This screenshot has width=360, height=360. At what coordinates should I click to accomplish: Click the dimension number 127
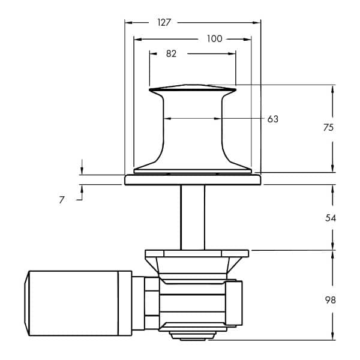pyautogui.click(x=164, y=23)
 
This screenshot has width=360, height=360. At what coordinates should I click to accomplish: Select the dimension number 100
pyautogui.click(x=214, y=38)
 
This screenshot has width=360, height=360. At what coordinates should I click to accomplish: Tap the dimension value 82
pyautogui.click(x=171, y=54)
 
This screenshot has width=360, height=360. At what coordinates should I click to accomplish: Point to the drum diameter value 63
pyautogui.click(x=273, y=119)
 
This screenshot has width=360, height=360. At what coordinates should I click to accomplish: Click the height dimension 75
pyautogui.click(x=328, y=127)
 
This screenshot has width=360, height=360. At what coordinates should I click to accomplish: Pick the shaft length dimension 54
pyautogui.click(x=331, y=218)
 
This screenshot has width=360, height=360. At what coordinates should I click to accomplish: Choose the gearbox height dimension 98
pyautogui.click(x=331, y=300)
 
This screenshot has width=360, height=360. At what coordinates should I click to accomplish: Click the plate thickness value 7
pyautogui.click(x=62, y=200)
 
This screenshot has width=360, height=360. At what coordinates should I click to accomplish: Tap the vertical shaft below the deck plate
pyautogui.click(x=193, y=217)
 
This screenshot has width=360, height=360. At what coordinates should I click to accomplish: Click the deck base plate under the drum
pyautogui.click(x=193, y=179)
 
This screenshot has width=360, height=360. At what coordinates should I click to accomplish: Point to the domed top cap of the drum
pyautogui.click(x=193, y=87)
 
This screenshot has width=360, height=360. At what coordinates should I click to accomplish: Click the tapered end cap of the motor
pyautogui.click(x=27, y=303)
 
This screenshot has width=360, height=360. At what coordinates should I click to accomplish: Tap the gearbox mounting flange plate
pyautogui.click(x=197, y=253)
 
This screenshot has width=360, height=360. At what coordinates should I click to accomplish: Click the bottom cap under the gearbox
pyautogui.click(x=193, y=335)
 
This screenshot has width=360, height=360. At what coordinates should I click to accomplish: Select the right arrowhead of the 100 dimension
pyautogui.click(x=247, y=39)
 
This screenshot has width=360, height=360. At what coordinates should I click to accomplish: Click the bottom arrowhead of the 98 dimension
pyautogui.click(x=332, y=336)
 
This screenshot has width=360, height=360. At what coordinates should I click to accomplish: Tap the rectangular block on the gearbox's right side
pyautogui.click(x=234, y=303)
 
